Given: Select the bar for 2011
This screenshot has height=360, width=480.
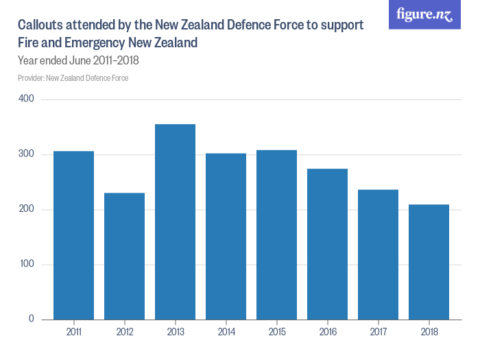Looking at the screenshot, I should (73, 235).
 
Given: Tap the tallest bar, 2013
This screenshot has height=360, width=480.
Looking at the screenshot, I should (175, 221).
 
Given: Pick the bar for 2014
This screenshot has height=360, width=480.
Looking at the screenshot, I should (226, 236).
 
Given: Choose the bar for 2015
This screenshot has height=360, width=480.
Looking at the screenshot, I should (276, 235).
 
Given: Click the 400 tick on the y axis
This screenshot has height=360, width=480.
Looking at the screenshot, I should (27, 99).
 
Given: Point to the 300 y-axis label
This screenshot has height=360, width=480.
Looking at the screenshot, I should (27, 154).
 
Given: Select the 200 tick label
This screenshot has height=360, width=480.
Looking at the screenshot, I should (27, 209).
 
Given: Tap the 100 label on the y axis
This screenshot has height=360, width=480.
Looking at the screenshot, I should (27, 264).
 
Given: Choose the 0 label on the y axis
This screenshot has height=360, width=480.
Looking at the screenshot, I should (32, 319).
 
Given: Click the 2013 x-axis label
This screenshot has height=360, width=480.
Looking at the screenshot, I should (175, 332).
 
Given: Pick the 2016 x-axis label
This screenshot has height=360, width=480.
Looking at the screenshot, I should (327, 332).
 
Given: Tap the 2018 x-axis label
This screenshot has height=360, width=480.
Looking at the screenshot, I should (429, 332).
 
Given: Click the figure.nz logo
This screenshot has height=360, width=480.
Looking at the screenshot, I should (424, 14).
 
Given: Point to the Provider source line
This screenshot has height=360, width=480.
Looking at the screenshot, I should (73, 77).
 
